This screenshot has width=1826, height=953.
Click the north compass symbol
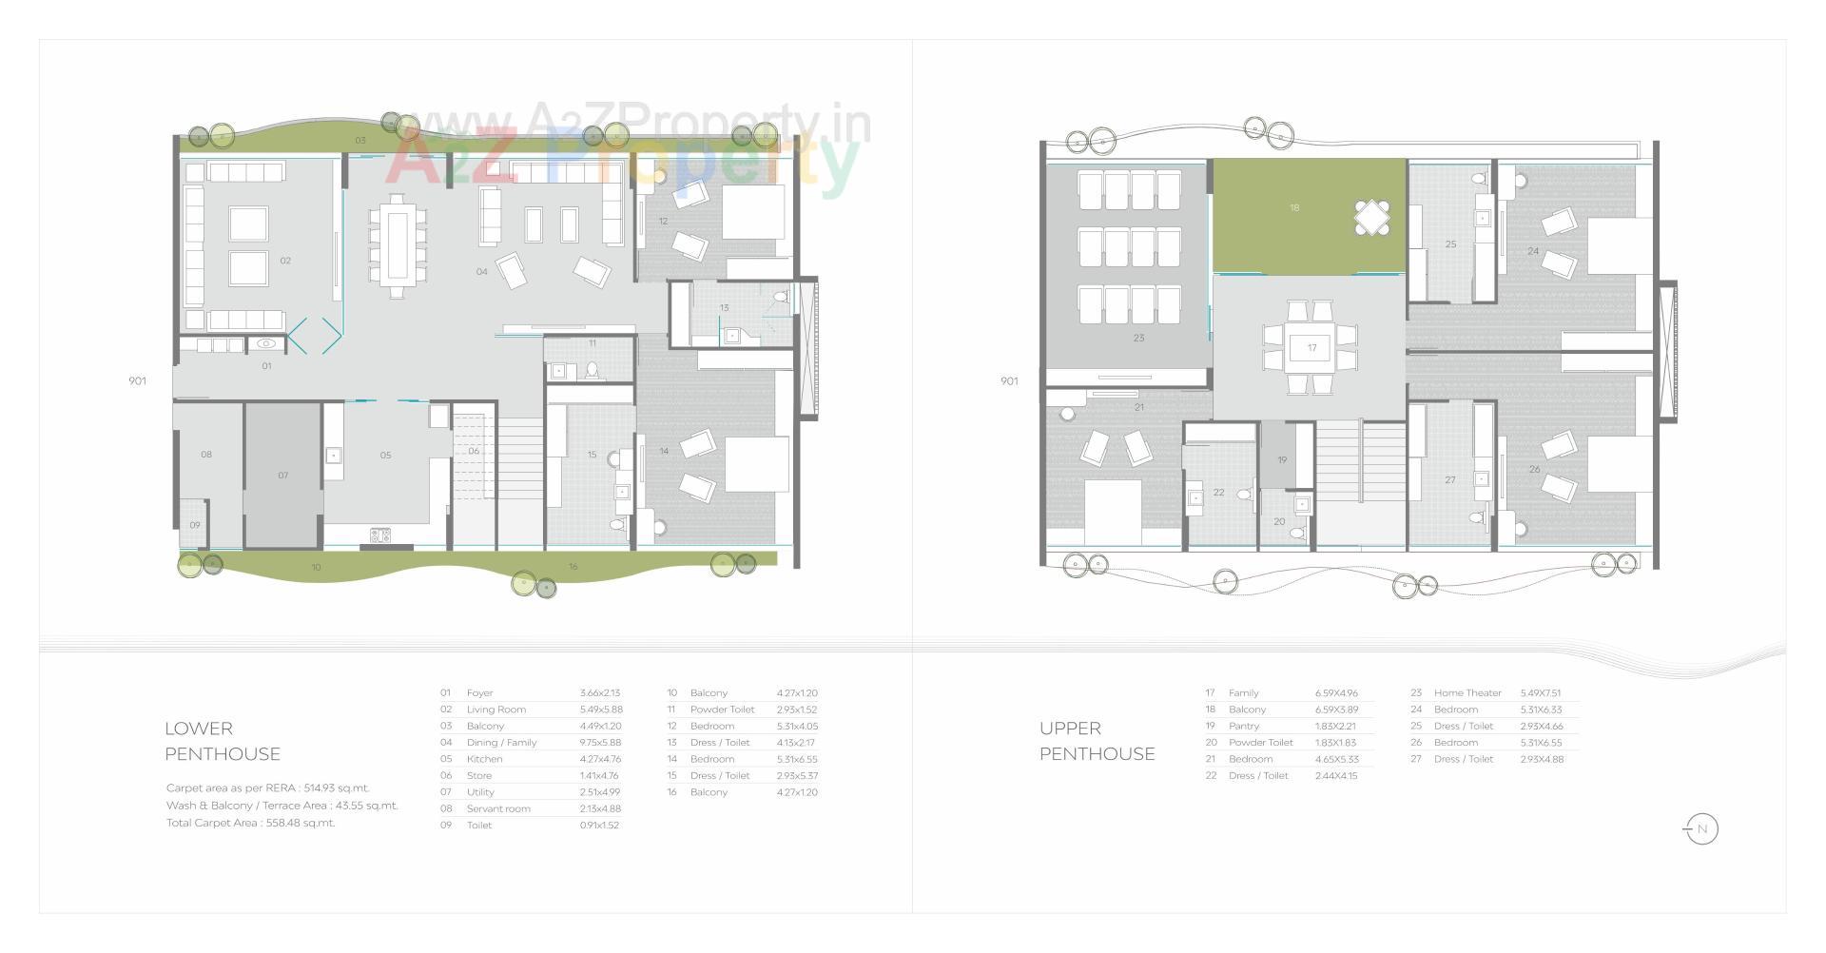(1700, 829)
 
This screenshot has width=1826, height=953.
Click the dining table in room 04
(396, 244)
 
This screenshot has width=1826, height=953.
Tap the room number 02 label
(285, 261)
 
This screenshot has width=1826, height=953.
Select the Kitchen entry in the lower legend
(484, 759)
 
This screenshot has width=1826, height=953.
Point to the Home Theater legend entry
(1467, 693)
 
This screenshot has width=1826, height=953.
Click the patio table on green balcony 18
(1371, 218)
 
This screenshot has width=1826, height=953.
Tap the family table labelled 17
(1311, 348)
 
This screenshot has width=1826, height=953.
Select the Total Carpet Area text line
(250, 824)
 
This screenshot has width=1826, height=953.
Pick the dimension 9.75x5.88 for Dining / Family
(600, 743)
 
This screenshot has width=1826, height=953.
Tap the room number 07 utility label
(282, 476)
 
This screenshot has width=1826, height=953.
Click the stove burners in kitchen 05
(380, 535)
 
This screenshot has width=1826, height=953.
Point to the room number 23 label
(1138, 338)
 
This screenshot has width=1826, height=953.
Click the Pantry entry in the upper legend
(1243, 727)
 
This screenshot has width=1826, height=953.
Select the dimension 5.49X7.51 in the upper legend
(1540, 693)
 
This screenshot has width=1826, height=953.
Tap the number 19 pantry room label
(1282, 460)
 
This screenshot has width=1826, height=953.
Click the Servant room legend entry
(498, 809)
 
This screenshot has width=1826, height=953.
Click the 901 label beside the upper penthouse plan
(1009, 381)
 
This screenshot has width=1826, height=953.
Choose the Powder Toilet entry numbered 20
(1260, 743)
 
